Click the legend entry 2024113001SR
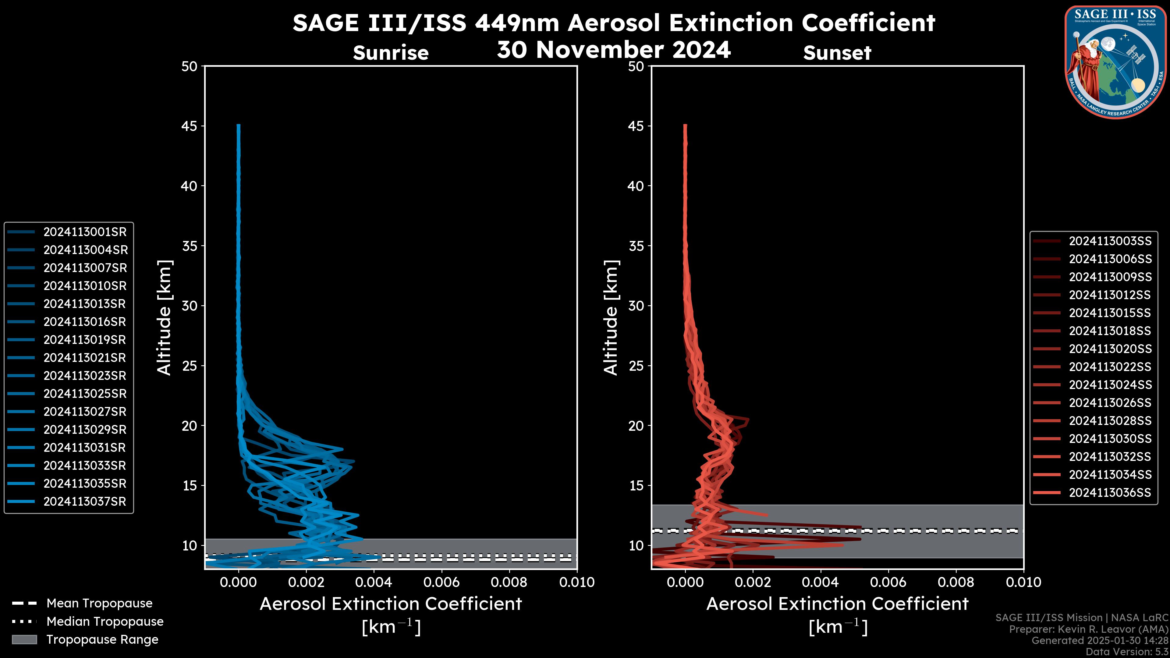click(x=84, y=232)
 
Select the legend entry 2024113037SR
click(x=84, y=502)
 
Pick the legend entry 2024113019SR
click(x=84, y=340)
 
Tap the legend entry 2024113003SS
click(x=1110, y=241)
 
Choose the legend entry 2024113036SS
click(x=1110, y=493)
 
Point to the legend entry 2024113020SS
click(x=1110, y=349)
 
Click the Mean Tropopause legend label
click(x=99, y=603)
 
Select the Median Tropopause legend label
click(x=105, y=622)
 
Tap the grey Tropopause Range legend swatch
click(x=24, y=639)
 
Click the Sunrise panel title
click(x=391, y=53)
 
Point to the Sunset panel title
click(x=837, y=53)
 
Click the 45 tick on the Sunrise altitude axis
click(x=190, y=126)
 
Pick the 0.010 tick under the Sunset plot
click(x=1023, y=582)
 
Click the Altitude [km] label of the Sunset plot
click(x=611, y=318)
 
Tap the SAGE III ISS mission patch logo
click(x=1115, y=62)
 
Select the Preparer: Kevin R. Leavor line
click(x=1088, y=629)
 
